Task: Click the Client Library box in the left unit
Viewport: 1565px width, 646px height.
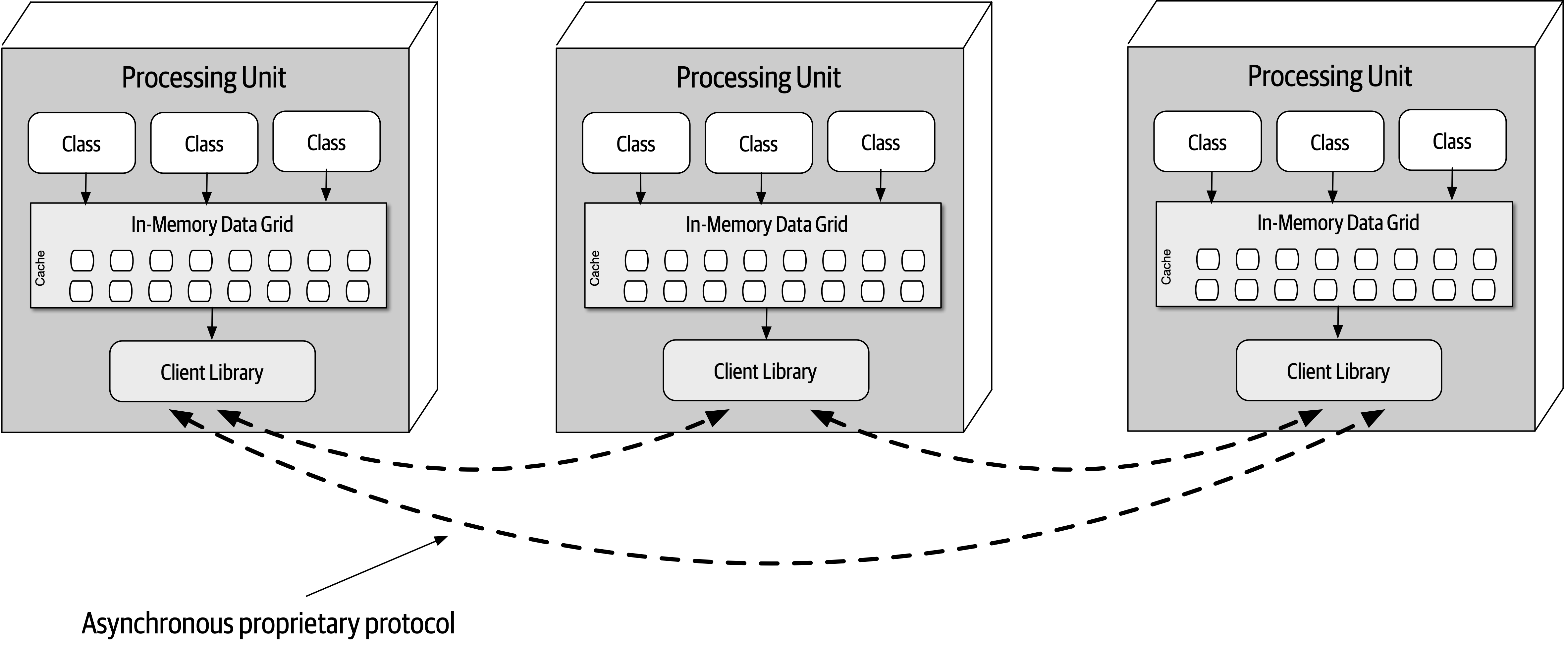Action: tap(212, 371)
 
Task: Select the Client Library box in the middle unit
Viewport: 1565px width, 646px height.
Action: tap(766, 371)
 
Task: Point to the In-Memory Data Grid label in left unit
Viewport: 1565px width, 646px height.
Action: tap(212, 224)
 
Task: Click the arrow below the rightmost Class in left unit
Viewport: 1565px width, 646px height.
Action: tap(326, 185)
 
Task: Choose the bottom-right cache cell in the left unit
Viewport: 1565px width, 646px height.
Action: tap(358, 291)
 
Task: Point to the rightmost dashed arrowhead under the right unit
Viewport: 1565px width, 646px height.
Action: tap(1372, 418)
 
